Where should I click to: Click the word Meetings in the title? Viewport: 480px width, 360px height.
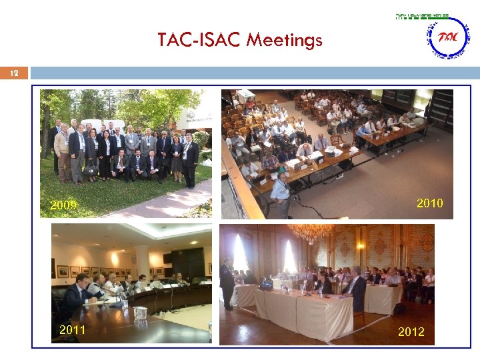point(284,41)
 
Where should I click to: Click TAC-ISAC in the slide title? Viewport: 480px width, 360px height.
point(199,41)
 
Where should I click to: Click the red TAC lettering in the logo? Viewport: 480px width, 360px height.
point(448,37)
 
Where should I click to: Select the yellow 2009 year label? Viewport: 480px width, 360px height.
point(63,205)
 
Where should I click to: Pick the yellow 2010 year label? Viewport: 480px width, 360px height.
point(429,203)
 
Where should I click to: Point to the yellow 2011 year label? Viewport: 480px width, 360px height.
point(72,329)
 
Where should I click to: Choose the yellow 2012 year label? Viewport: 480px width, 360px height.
point(411,331)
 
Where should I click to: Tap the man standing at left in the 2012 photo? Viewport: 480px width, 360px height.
point(227,283)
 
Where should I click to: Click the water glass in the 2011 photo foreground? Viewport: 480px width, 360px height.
point(139,313)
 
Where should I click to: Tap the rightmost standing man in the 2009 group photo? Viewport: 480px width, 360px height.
point(191,160)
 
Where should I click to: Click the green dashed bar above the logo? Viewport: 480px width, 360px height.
point(422,15)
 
